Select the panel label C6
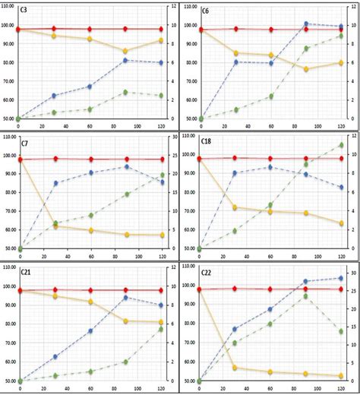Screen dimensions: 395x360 point(206,11)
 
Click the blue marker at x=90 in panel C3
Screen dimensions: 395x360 point(126,60)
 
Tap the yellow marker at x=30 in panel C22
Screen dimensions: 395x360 point(235,368)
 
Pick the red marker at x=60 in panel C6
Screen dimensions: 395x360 point(271,30)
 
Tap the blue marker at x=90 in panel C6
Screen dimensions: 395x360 point(306,24)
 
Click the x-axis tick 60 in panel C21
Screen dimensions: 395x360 point(90,388)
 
